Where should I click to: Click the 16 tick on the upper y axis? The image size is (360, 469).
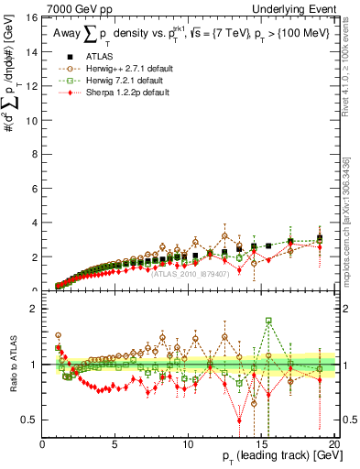[34, 17]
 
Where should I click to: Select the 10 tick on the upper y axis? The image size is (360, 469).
[34, 120]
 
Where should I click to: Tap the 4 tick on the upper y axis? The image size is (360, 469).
[36, 223]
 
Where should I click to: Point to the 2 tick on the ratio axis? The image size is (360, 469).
[36, 309]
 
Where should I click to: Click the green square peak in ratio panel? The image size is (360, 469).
[268, 321]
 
